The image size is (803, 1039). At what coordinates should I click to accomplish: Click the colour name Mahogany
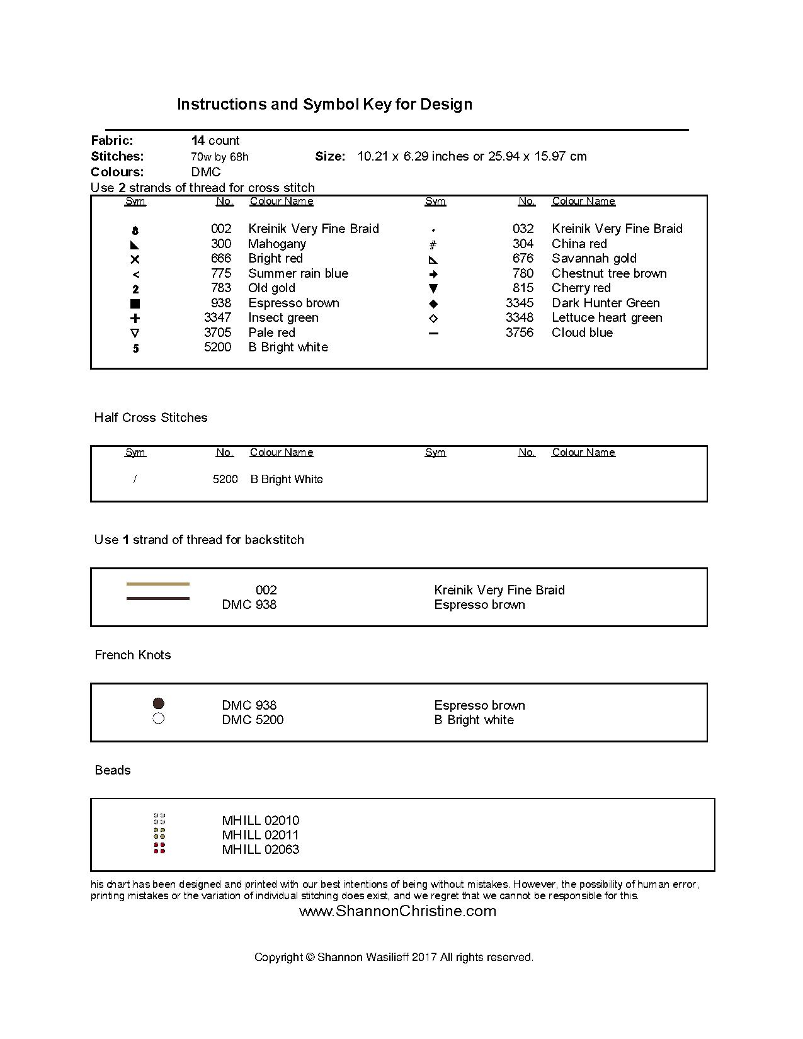coord(276,244)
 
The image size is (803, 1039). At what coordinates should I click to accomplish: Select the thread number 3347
coord(217,317)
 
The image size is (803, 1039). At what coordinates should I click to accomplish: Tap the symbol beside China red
coord(433,244)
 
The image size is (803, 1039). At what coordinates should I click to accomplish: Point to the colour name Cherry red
coord(581,288)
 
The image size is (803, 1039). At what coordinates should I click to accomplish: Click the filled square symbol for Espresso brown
coord(135,304)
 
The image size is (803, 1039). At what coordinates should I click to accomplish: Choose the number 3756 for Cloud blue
coord(519,332)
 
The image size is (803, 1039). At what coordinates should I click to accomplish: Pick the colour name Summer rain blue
coord(298,273)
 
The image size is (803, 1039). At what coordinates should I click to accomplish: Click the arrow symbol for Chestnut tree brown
coord(433,274)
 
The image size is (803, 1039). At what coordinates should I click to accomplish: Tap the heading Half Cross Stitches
coord(151,417)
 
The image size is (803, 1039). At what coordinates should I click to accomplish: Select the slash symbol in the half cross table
coord(135,479)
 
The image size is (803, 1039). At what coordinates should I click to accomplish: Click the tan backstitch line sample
coord(157,584)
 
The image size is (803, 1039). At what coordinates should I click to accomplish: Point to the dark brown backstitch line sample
coord(157,598)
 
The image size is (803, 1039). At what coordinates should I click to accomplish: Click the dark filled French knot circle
coord(159,703)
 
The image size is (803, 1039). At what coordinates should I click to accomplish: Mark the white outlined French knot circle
coord(159,718)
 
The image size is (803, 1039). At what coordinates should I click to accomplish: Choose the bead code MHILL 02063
coord(260,849)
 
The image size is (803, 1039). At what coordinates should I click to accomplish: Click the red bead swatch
coord(159,848)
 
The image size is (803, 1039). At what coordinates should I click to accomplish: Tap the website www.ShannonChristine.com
coord(397,911)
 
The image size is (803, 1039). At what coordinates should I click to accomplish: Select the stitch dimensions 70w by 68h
coord(220,157)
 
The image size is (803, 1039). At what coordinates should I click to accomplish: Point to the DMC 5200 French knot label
coord(253,720)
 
